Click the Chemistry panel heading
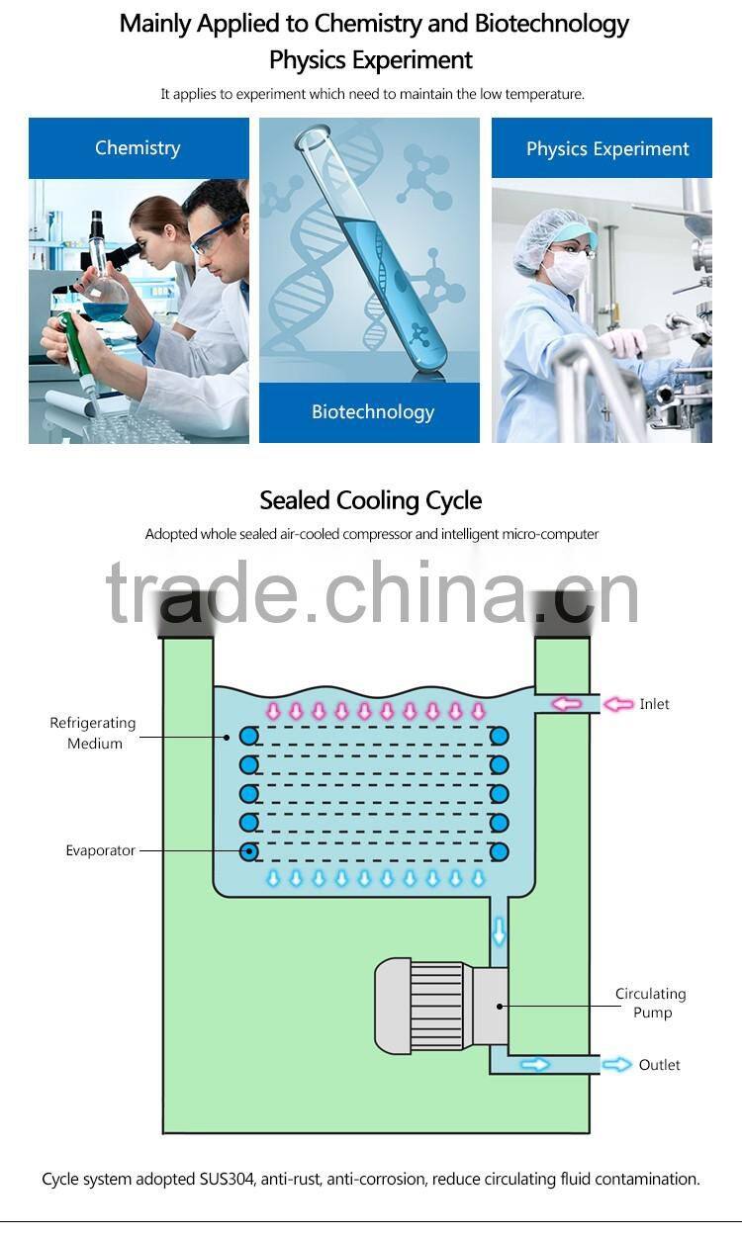[138, 148]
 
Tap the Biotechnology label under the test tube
[372, 411]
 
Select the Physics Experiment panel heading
[606, 149]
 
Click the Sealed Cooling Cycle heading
[371, 500]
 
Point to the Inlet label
[654, 704]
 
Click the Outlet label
[659, 1065]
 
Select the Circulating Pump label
[650, 1003]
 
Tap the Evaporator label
[100, 850]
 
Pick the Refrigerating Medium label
[94, 733]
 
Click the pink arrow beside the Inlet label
[618, 704]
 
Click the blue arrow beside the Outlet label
[617, 1065]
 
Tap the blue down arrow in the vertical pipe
[500, 930]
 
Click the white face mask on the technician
[567, 270]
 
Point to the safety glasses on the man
[216, 234]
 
